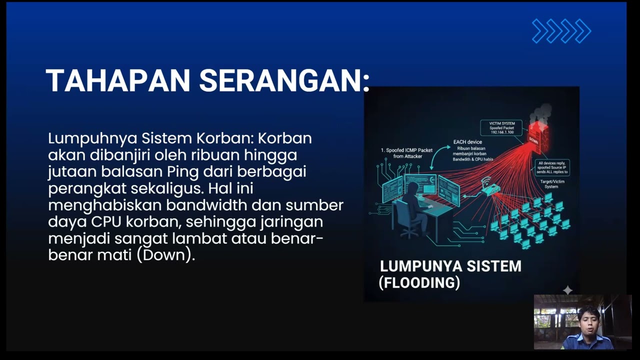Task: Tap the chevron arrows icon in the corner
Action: click(x=561, y=31)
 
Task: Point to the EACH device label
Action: click(x=467, y=142)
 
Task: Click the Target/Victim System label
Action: click(x=552, y=184)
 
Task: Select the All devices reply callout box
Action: click(x=552, y=167)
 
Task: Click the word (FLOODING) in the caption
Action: click(x=419, y=283)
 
